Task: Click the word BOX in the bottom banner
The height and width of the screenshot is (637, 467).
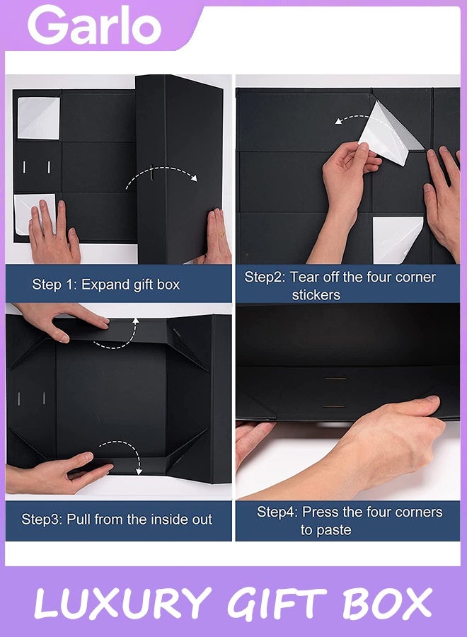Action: tap(387, 604)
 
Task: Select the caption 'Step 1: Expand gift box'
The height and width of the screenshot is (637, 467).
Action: tap(106, 285)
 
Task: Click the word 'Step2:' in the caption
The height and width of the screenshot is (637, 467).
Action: tap(264, 277)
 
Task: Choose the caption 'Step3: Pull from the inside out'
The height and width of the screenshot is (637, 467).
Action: tap(117, 520)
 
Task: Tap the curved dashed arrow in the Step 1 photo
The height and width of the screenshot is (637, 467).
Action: tap(161, 176)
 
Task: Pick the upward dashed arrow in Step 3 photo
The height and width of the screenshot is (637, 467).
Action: tap(117, 335)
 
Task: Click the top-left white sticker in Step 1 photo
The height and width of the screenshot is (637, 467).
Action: tap(39, 117)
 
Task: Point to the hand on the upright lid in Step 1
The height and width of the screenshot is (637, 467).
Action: tap(214, 237)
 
